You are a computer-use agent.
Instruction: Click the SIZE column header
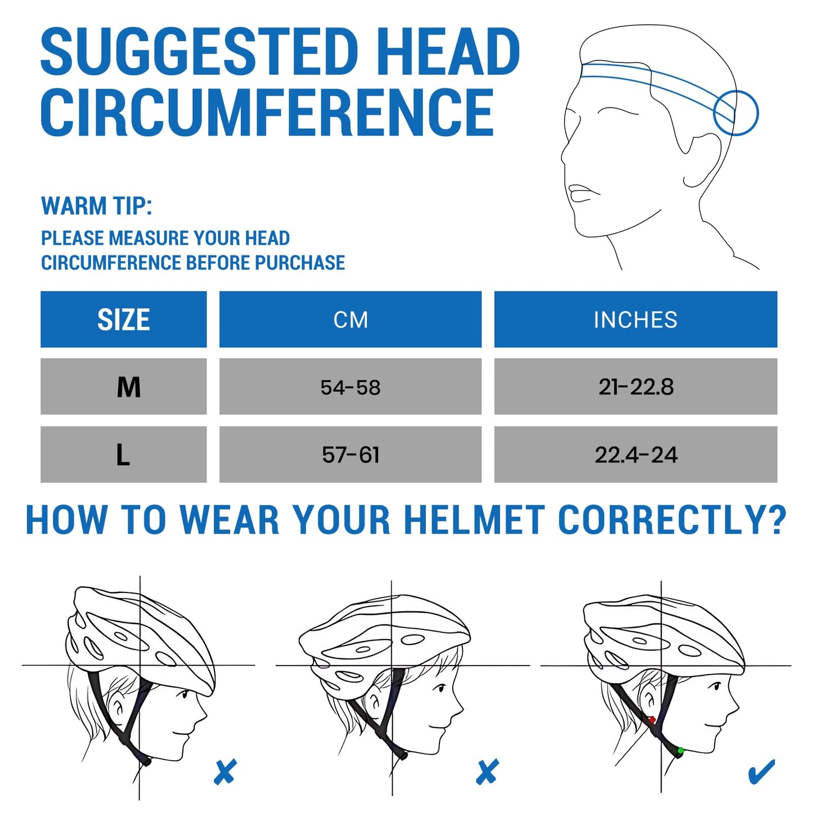pos(123,319)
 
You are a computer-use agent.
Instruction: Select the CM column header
pos(350,319)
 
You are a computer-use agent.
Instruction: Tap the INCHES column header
pos(635,319)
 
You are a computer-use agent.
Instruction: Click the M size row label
pos(128,387)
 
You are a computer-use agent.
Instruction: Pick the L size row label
pos(123,455)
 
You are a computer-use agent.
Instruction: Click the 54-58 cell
pos(350,387)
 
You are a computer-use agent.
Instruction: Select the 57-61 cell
pos(350,455)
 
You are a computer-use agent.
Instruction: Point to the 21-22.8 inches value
pos(636,387)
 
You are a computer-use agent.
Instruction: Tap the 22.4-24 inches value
pos(636,455)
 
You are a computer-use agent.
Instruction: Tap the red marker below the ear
pos(652,720)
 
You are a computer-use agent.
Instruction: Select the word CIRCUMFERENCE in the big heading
pos(267,112)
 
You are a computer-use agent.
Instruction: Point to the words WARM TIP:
pos(96,206)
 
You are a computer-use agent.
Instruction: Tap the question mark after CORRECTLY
pos(777,520)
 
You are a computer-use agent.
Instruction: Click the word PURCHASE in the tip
pos(300,262)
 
